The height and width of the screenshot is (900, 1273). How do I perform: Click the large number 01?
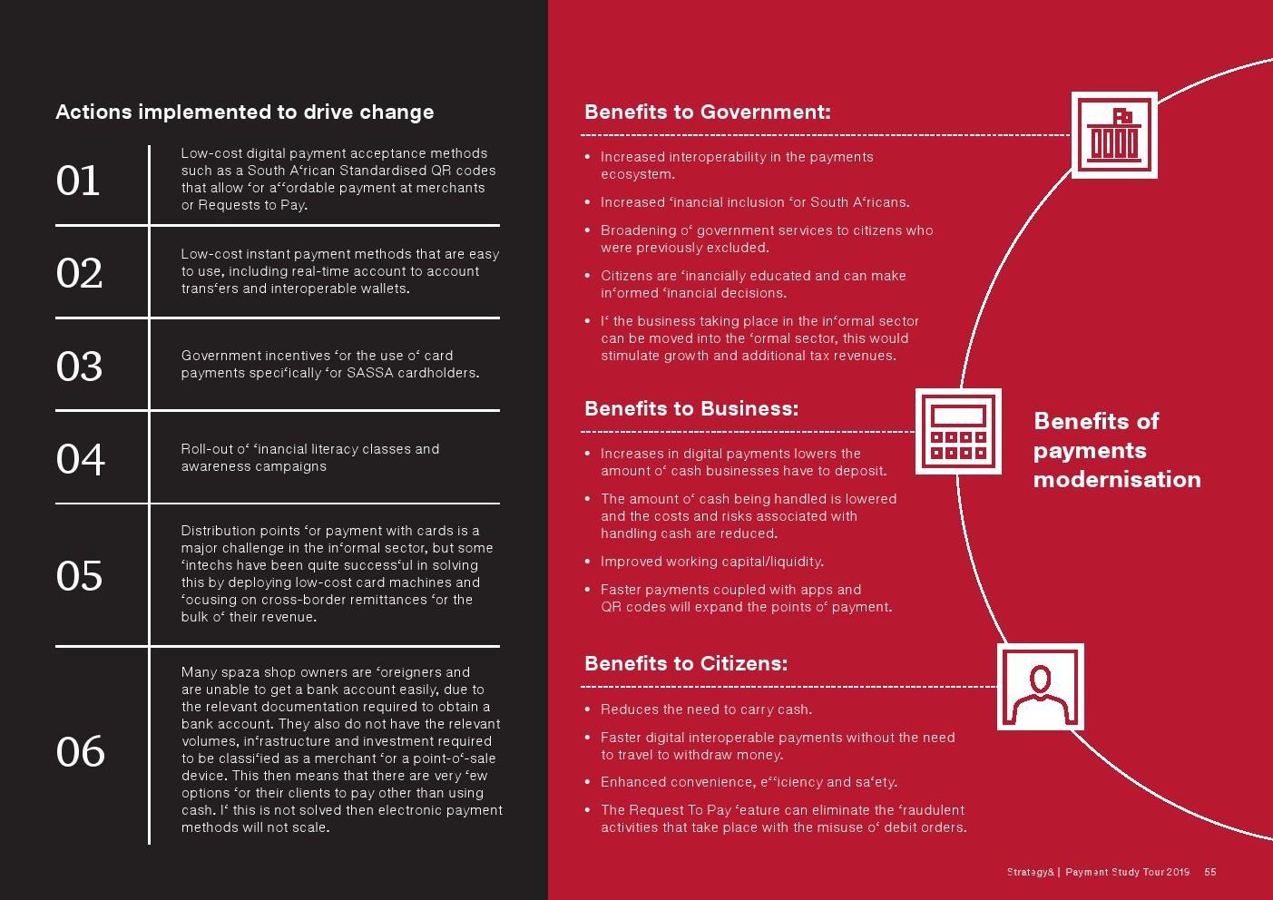[78, 181]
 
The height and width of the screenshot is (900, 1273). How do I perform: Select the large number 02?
[79, 273]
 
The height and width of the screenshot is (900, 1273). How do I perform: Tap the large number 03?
[79, 366]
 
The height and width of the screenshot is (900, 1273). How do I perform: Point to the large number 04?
[80, 458]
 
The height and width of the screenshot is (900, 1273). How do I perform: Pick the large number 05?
[79, 575]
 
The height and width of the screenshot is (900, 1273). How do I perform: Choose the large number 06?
[80, 751]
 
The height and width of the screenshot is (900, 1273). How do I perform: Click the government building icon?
[1113, 135]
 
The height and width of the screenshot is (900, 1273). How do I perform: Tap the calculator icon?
[958, 432]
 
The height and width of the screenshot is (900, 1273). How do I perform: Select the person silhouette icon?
[1041, 687]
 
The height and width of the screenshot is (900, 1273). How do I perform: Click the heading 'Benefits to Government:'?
[707, 112]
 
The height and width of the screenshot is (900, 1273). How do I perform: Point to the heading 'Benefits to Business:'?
[690, 408]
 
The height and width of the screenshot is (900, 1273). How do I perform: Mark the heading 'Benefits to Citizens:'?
[685, 663]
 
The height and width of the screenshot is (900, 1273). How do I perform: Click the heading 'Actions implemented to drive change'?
[244, 112]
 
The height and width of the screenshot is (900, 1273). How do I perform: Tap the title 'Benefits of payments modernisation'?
[1116, 450]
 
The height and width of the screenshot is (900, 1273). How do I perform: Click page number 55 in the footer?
[1210, 872]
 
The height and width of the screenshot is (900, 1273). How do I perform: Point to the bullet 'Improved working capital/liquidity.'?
[711, 562]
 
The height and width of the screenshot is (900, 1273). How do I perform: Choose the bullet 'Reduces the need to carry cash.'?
[706, 709]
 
